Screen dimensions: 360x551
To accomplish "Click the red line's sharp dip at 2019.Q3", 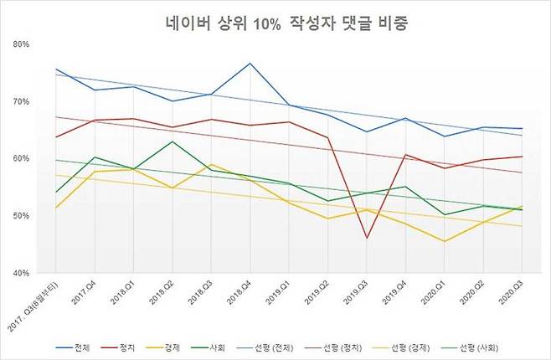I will (367, 239).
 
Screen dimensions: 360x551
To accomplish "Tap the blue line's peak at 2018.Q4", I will (250, 64).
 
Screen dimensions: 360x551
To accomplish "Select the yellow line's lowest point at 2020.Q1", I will (445, 241).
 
